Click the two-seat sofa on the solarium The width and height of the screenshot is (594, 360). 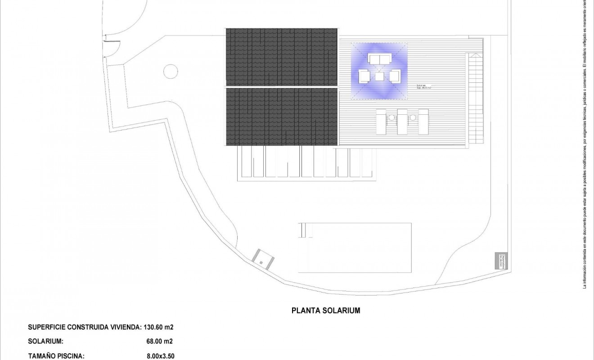tap(379, 59)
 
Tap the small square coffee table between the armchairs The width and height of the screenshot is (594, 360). tap(379, 76)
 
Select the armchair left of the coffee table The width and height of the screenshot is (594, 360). tap(364, 76)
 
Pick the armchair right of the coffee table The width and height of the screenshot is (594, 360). tap(395, 76)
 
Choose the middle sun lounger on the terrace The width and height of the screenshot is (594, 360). tap(402, 121)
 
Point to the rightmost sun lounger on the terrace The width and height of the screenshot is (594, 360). tap(423, 121)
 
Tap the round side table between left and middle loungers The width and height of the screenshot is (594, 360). tap(391, 118)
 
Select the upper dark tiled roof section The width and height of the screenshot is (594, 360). tap(281, 57)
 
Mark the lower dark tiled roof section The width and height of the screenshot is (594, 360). tap(281, 117)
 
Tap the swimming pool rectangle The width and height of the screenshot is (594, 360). tap(355, 247)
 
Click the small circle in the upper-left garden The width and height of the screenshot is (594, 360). tap(170, 71)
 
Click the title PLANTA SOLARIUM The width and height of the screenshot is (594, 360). tap(326, 310)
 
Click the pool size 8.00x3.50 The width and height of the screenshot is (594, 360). tap(161, 356)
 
